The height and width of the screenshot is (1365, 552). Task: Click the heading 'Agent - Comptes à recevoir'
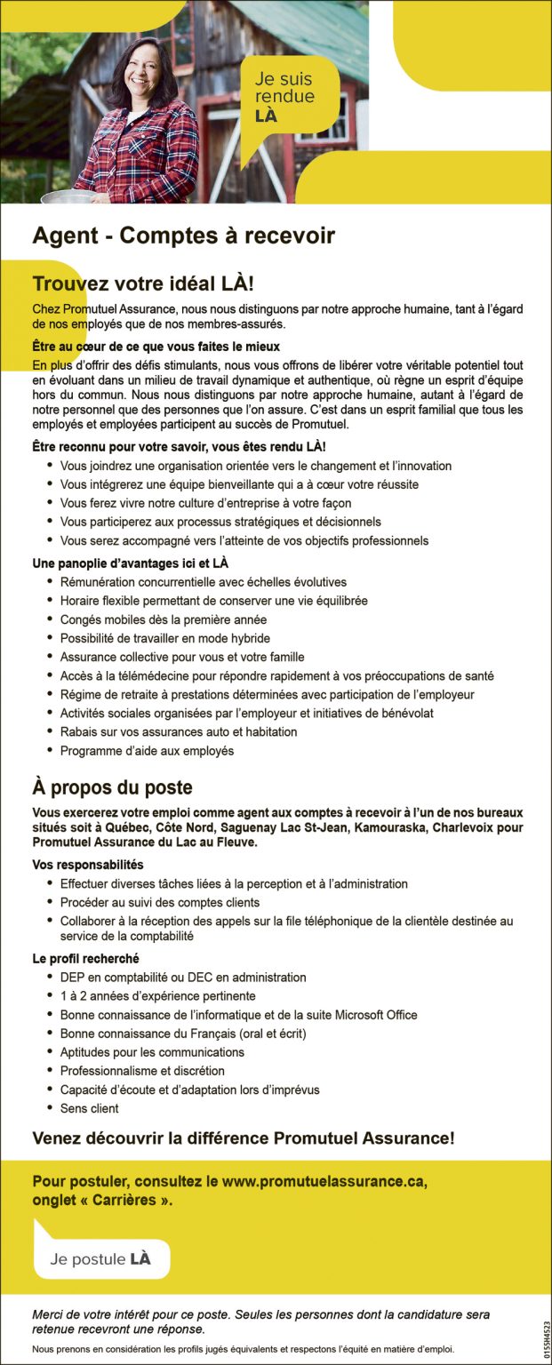[x=183, y=235]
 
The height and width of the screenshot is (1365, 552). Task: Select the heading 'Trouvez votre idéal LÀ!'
[x=143, y=284]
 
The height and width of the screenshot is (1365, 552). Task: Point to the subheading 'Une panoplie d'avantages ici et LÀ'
[x=131, y=563]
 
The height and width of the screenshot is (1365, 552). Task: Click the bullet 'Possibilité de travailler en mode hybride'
[x=164, y=638]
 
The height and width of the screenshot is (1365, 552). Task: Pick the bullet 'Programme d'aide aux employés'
[x=147, y=751]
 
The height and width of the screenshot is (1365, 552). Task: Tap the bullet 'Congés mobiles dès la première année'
[x=163, y=619]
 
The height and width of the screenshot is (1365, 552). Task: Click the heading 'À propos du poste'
[x=112, y=788]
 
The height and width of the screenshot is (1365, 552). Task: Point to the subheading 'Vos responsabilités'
[x=88, y=865]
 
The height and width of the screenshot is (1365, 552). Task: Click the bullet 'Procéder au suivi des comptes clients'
[x=159, y=903]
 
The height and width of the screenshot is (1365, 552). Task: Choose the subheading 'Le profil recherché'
[x=85, y=959]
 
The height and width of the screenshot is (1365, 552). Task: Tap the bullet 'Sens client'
[x=89, y=1108]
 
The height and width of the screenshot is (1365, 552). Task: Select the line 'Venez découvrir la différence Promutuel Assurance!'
[x=244, y=1137]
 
